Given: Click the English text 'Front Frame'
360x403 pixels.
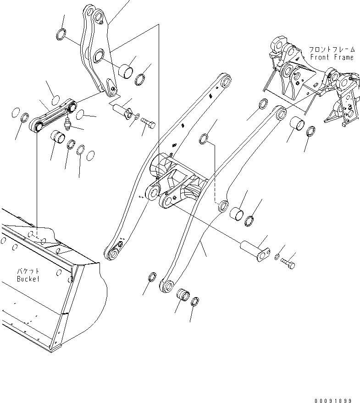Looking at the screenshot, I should pos(332,57).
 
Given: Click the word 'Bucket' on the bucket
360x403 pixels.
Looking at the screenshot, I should pos(28,278).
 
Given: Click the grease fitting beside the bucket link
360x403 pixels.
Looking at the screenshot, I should pos(68,124).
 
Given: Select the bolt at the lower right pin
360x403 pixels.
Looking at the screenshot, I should pos(289,264).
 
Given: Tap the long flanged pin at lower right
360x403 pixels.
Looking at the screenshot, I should pos(254,250).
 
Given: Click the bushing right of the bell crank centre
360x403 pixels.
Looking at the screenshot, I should pos(126,72).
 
